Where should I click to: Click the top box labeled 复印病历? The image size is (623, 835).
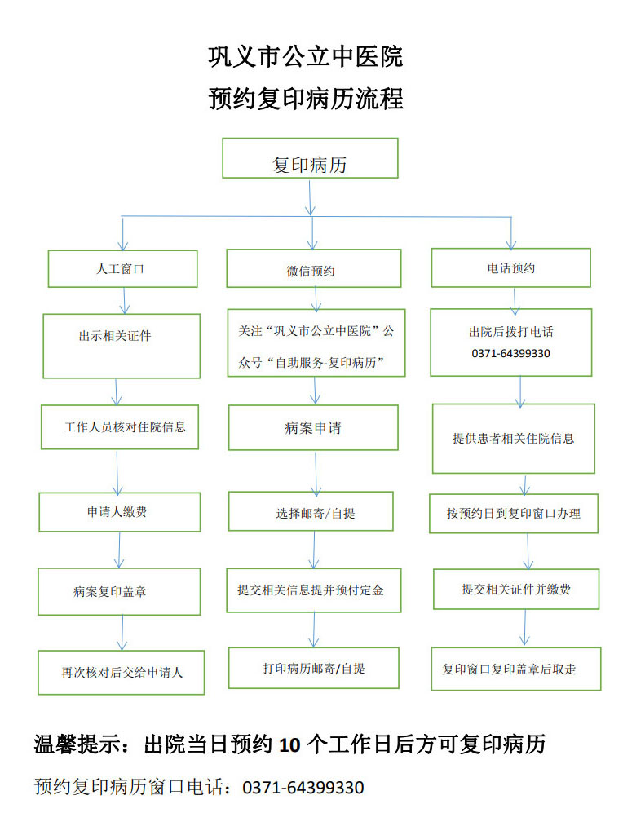310,158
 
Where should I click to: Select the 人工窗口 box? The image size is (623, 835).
122,269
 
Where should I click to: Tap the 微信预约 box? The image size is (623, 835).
314,268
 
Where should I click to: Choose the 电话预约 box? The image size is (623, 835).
510,267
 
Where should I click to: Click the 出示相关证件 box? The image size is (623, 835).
122,346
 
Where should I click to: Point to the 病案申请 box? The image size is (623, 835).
313,427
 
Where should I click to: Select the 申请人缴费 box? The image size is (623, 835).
119,512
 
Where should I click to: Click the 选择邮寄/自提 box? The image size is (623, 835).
311,511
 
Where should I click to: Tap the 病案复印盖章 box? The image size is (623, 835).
119,592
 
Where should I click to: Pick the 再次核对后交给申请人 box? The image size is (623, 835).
121,673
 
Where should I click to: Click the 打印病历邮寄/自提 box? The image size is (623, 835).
314,668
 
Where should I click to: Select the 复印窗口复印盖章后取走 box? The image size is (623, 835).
516,669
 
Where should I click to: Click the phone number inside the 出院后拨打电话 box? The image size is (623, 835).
510,354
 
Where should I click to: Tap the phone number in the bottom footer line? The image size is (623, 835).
303,787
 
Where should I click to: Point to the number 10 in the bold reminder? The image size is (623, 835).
289,745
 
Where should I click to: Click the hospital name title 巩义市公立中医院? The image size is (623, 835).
306,57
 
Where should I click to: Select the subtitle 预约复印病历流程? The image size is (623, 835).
306,99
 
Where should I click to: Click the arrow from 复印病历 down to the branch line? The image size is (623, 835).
310,198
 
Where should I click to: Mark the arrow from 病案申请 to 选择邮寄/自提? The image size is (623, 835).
316,475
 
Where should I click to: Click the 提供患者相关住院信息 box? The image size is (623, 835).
513,438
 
